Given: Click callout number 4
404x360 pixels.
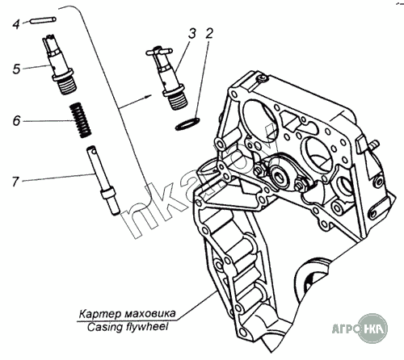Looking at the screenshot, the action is [16, 24].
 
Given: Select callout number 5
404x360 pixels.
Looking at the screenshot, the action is [16, 69].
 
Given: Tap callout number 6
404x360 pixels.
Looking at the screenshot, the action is [17, 120].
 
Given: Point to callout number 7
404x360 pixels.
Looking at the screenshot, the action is [15, 182].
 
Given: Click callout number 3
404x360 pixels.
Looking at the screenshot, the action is [191, 34].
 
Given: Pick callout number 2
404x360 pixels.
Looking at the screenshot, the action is [209, 33].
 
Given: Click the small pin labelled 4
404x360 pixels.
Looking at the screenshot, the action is [44, 20].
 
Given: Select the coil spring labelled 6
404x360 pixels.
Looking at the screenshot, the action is [80, 120].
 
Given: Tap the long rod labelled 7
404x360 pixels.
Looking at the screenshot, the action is [103, 180].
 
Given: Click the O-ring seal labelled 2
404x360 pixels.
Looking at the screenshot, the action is [187, 124].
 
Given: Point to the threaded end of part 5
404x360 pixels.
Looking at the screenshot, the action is [67, 86].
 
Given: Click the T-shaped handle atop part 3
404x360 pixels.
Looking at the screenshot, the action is [159, 51].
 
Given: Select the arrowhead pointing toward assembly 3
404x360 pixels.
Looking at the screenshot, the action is [148, 96].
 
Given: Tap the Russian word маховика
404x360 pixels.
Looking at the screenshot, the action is [151, 313].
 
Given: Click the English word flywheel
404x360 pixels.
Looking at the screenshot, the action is [147, 327].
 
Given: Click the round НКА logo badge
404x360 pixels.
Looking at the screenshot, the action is [372, 329].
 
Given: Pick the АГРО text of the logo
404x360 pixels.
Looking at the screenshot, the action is [345, 329].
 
